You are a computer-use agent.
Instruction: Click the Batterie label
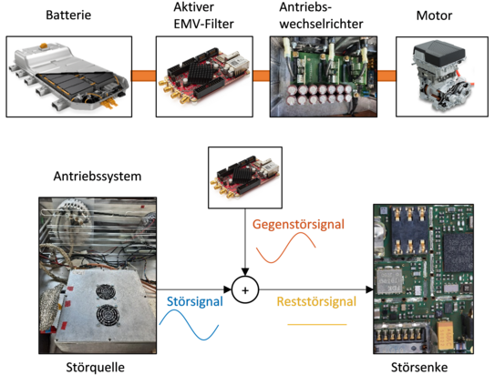[68, 15]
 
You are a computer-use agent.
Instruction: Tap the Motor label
[434, 15]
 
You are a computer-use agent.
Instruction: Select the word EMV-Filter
[203, 24]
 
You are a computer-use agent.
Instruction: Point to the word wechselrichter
[321, 24]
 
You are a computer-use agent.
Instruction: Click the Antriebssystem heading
[98, 177]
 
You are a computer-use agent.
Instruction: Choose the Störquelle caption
[96, 367]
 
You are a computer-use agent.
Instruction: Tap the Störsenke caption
[419, 367]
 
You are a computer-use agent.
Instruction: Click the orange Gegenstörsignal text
[298, 225]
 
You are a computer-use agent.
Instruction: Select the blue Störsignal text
[195, 301]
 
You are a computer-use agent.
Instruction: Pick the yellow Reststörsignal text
[316, 301]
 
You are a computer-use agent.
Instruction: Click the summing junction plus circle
[245, 290]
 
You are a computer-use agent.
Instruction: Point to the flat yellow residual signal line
[317, 324]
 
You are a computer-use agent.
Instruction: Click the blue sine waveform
[189, 325]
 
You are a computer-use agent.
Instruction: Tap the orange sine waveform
[285, 248]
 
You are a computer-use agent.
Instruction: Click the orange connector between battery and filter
[144, 76]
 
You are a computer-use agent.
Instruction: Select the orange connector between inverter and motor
[387, 76]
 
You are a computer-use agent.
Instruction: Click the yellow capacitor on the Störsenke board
[446, 334]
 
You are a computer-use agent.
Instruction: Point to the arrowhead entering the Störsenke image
[369, 289]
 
